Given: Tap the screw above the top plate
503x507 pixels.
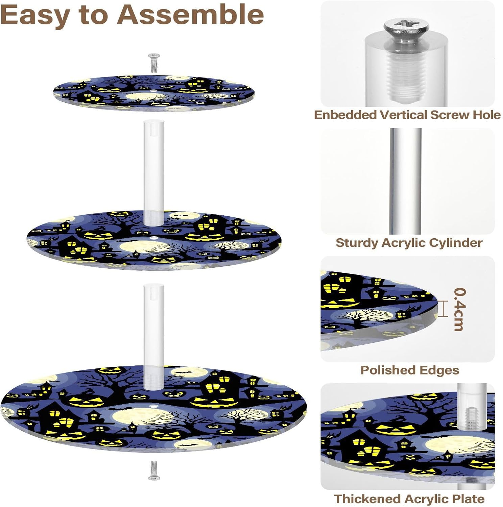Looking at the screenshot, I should pyautogui.click(x=154, y=63).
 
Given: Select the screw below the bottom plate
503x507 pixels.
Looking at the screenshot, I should pyautogui.click(x=154, y=470).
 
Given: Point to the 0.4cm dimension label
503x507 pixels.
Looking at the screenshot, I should pyautogui.click(x=459, y=309).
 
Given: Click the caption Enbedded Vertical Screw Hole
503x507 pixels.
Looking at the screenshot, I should pyautogui.click(x=407, y=115).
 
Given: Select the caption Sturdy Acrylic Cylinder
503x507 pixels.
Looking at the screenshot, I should pyautogui.click(x=409, y=243).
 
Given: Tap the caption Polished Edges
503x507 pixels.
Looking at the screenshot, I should pyautogui.click(x=409, y=370).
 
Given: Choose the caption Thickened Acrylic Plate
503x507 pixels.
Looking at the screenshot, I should pyautogui.click(x=409, y=499).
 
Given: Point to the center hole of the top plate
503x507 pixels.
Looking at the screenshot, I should pyautogui.click(x=154, y=90).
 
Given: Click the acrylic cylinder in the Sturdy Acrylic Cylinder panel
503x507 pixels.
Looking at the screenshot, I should pyautogui.click(x=405, y=181).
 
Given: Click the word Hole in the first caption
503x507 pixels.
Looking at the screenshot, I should pyautogui.click(x=486, y=115).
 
